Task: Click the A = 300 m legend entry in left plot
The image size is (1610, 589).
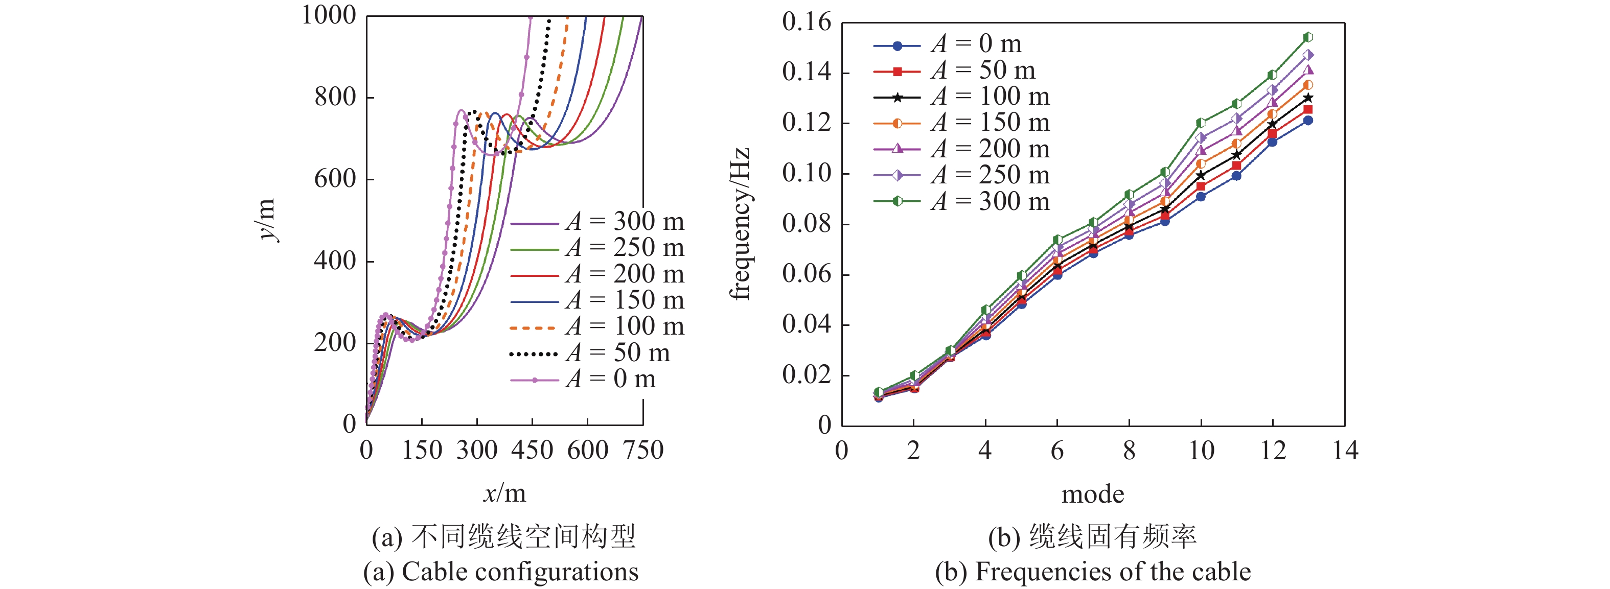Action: [x=597, y=222]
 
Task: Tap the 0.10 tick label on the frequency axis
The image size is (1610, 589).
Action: [x=807, y=173]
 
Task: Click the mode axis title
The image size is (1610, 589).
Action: [x=1093, y=494]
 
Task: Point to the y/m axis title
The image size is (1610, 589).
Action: [x=267, y=219]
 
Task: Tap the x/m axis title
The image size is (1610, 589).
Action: [x=504, y=494]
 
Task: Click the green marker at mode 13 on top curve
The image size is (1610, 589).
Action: [x=1307, y=37]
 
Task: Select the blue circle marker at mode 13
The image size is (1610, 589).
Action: [x=1307, y=121]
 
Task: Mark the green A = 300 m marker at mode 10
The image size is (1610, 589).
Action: [x=1201, y=123]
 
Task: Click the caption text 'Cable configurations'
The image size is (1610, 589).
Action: [x=519, y=572]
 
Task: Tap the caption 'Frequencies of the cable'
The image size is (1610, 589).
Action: [x=1113, y=572]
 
